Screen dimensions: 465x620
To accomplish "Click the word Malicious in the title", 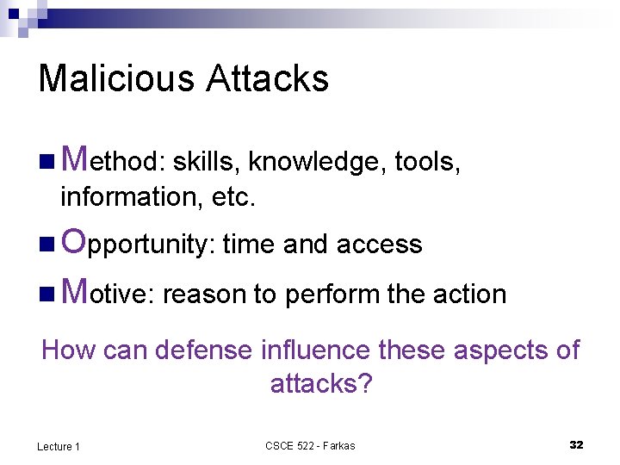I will [x=117, y=78].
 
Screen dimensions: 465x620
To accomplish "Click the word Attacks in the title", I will [x=268, y=78].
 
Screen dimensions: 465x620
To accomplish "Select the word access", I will [x=379, y=245].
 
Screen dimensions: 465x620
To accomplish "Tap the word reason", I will [x=204, y=294].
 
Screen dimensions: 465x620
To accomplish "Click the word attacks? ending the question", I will [x=320, y=383].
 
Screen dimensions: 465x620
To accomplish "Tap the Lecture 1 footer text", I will [x=59, y=446].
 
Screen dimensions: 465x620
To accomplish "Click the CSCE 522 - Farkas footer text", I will [x=310, y=445].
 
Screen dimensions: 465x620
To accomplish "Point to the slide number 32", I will [x=576, y=444].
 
